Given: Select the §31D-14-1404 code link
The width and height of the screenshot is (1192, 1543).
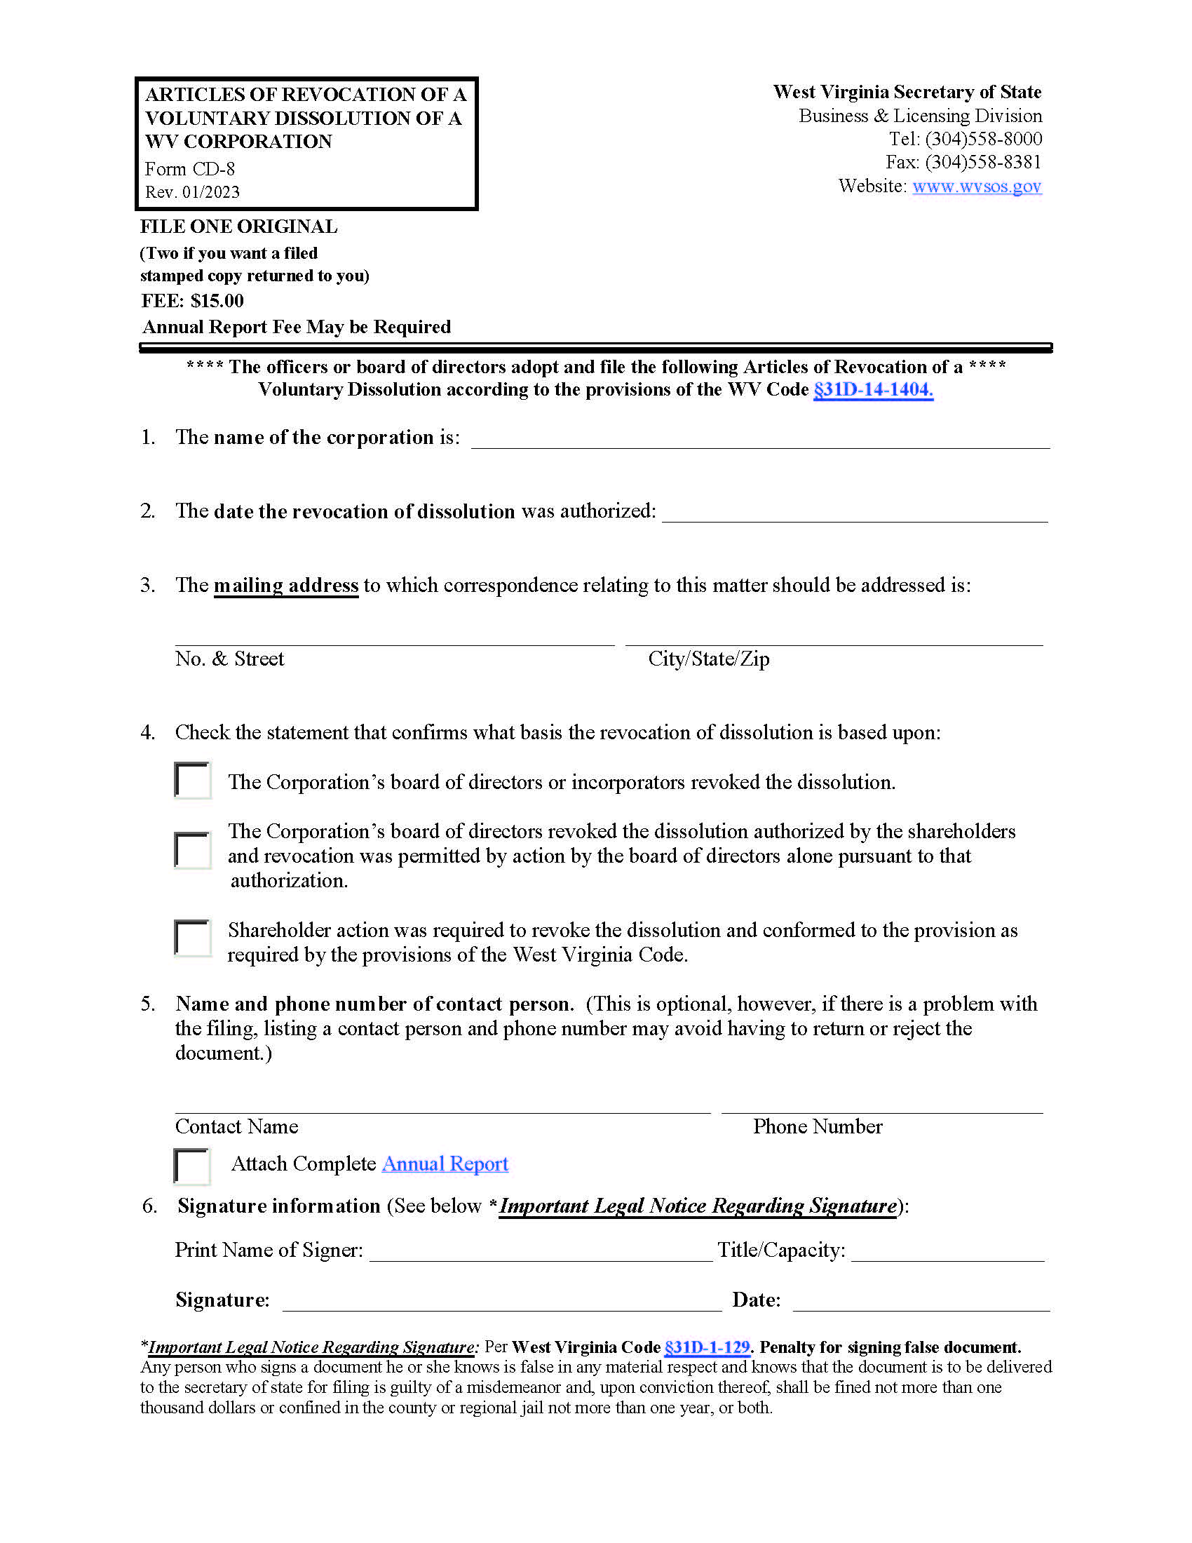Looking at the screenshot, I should (873, 390).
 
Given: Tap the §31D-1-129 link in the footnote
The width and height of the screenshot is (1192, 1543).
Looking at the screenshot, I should (707, 1347).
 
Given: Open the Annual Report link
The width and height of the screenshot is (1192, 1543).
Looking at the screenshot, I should (445, 1164).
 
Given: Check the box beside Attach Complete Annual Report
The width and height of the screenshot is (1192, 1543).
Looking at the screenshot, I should (192, 1166).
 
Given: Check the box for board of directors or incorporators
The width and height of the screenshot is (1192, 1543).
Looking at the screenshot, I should (193, 780).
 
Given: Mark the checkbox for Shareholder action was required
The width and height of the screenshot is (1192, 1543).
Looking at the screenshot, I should (193, 938).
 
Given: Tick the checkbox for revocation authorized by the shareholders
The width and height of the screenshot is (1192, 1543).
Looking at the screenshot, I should (193, 850).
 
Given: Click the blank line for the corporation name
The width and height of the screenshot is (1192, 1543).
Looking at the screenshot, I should (760, 440).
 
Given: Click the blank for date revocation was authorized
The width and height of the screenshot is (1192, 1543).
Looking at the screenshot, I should (855, 513).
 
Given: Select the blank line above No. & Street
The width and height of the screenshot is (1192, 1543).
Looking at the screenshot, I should (394, 636).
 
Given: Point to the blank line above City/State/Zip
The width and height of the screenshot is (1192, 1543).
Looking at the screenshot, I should (833, 636).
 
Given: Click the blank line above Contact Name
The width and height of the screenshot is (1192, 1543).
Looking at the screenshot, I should (442, 1103).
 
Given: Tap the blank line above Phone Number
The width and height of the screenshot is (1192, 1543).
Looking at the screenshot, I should (881, 1103).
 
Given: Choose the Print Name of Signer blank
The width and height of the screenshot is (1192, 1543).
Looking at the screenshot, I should (541, 1251).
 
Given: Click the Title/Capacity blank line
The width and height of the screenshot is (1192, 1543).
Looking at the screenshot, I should (947, 1251).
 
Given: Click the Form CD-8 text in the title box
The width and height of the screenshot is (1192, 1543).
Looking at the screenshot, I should (190, 170).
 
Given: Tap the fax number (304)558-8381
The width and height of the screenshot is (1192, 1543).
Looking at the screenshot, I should (983, 163).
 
